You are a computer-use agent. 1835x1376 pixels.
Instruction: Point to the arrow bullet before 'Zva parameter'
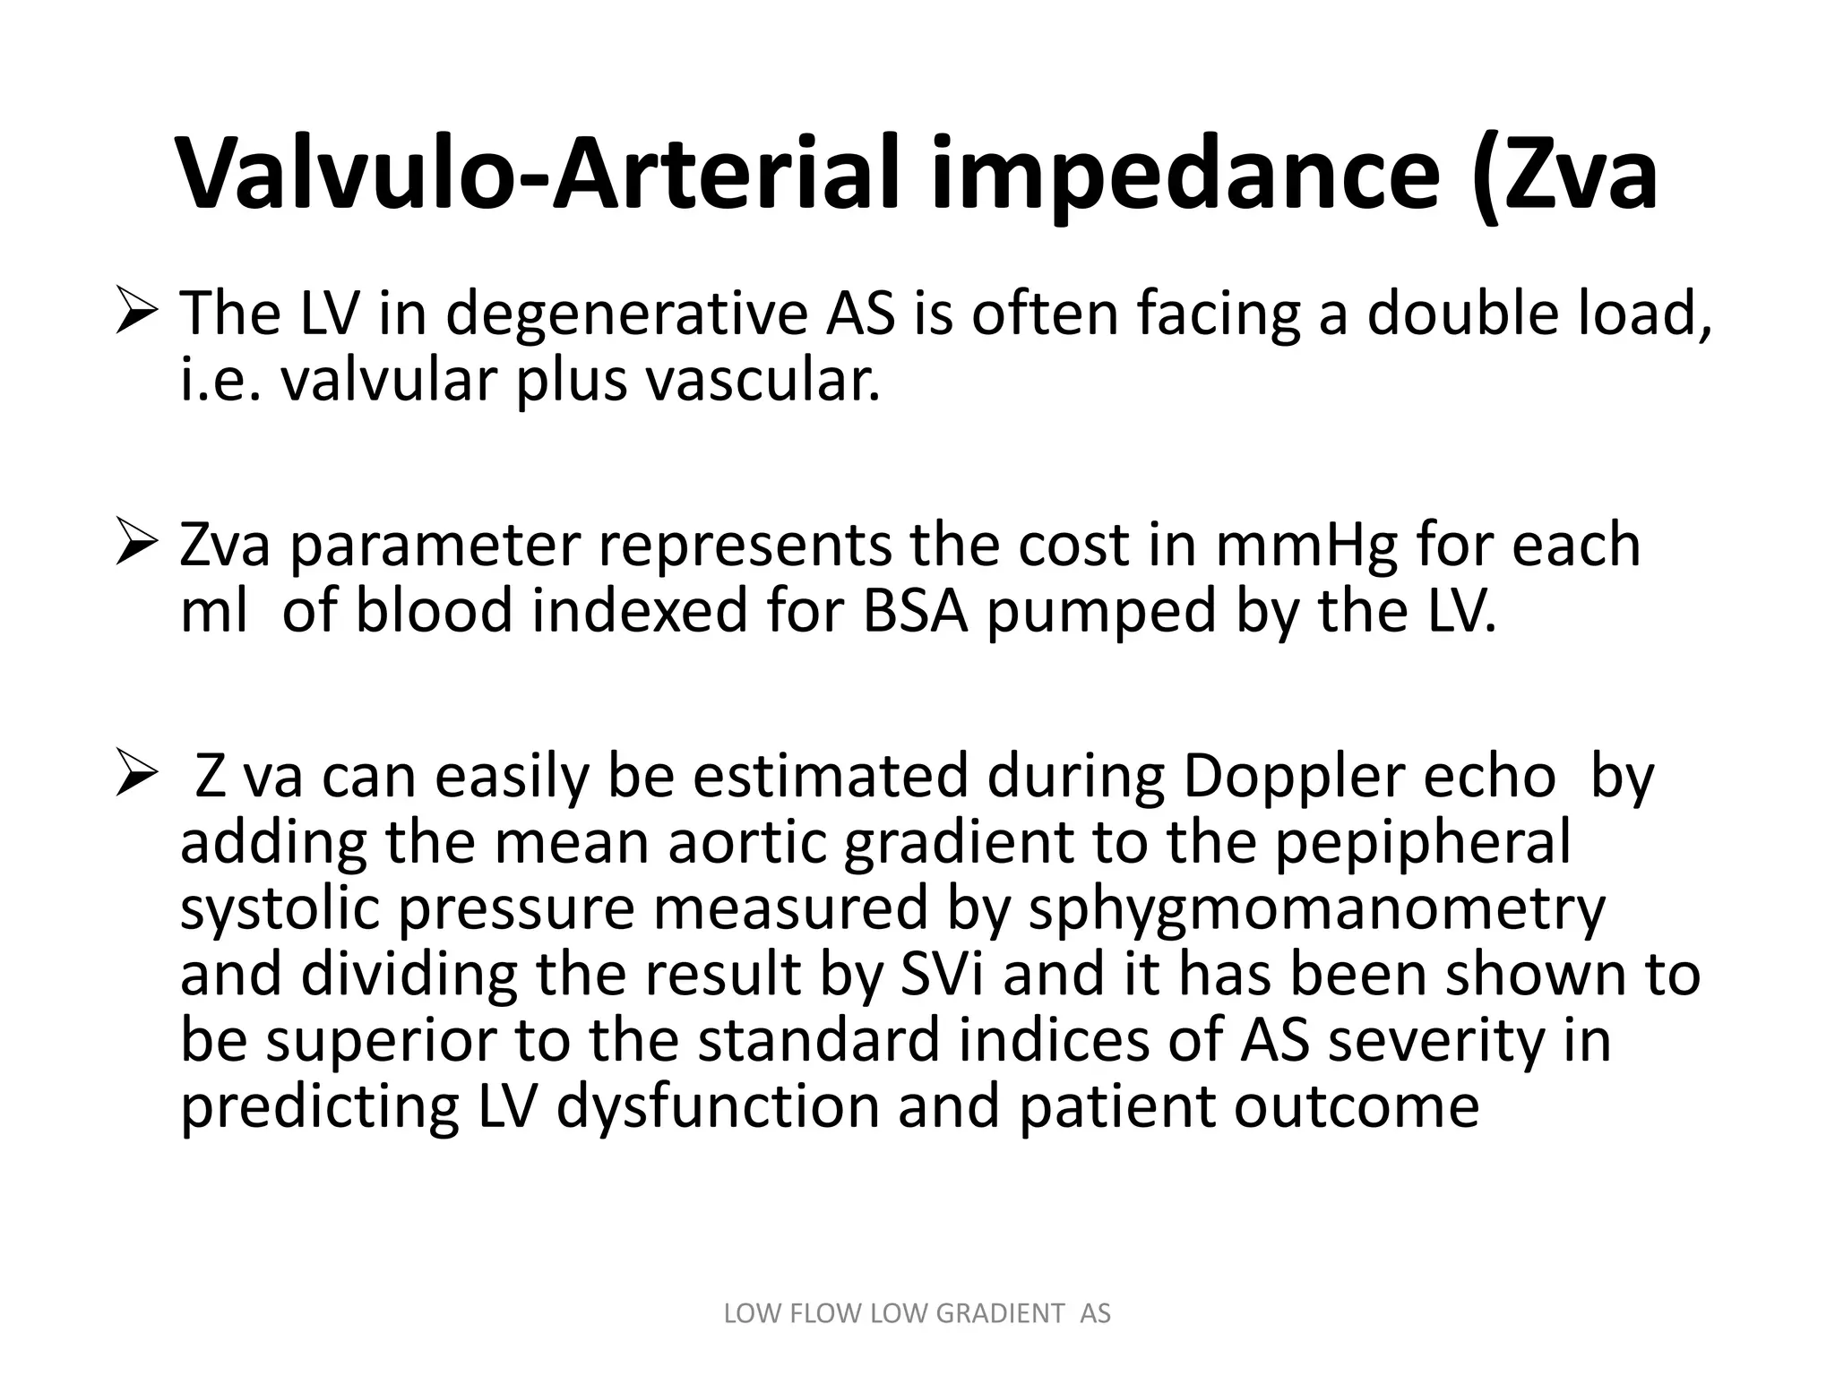click(x=137, y=546)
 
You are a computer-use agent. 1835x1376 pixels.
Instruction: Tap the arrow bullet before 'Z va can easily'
click(x=137, y=777)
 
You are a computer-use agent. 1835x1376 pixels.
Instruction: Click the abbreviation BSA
click(x=915, y=612)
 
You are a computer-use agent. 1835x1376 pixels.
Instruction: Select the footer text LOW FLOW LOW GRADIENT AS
click(x=917, y=1313)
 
